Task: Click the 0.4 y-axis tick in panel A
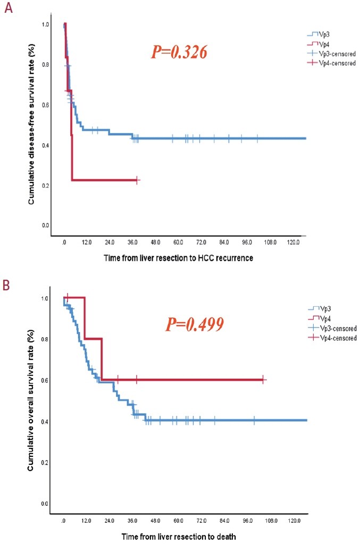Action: coord(46,145)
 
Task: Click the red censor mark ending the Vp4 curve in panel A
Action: coord(137,180)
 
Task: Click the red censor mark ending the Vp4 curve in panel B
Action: coord(263,380)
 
